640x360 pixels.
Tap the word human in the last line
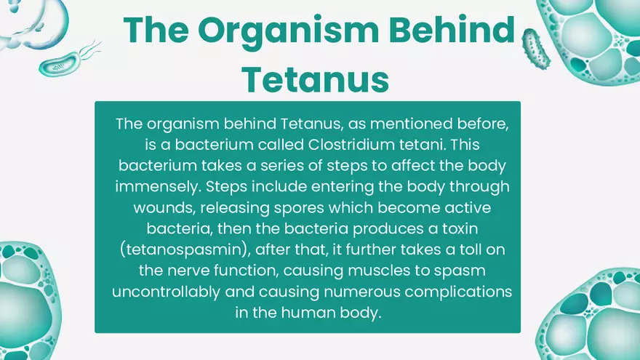301,313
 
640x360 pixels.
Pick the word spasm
465,271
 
